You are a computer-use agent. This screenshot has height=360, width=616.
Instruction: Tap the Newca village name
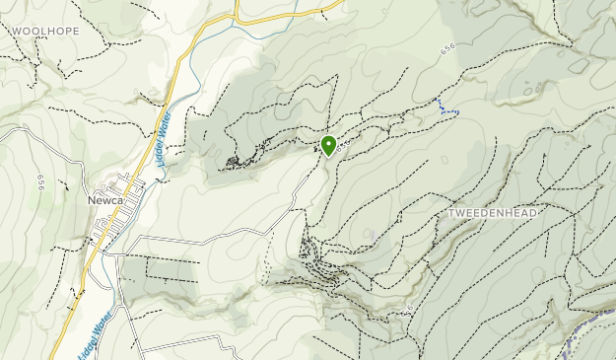(x=104, y=200)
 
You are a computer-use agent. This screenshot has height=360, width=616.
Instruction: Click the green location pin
(x=328, y=146)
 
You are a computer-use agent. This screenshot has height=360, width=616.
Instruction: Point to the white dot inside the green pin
(x=328, y=143)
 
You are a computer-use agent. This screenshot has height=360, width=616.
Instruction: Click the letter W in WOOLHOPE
(x=17, y=31)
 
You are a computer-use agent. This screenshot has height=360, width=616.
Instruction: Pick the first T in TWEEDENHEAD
(x=451, y=214)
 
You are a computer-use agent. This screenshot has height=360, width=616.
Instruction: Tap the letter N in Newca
(x=92, y=200)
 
